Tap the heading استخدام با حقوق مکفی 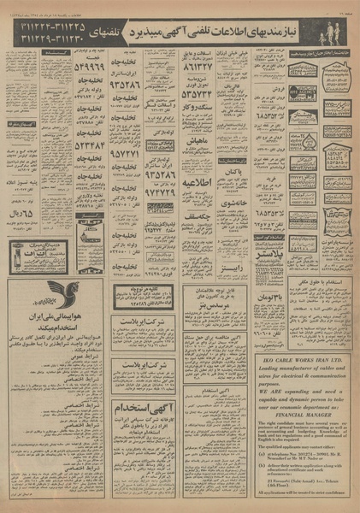[x=303, y=280]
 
